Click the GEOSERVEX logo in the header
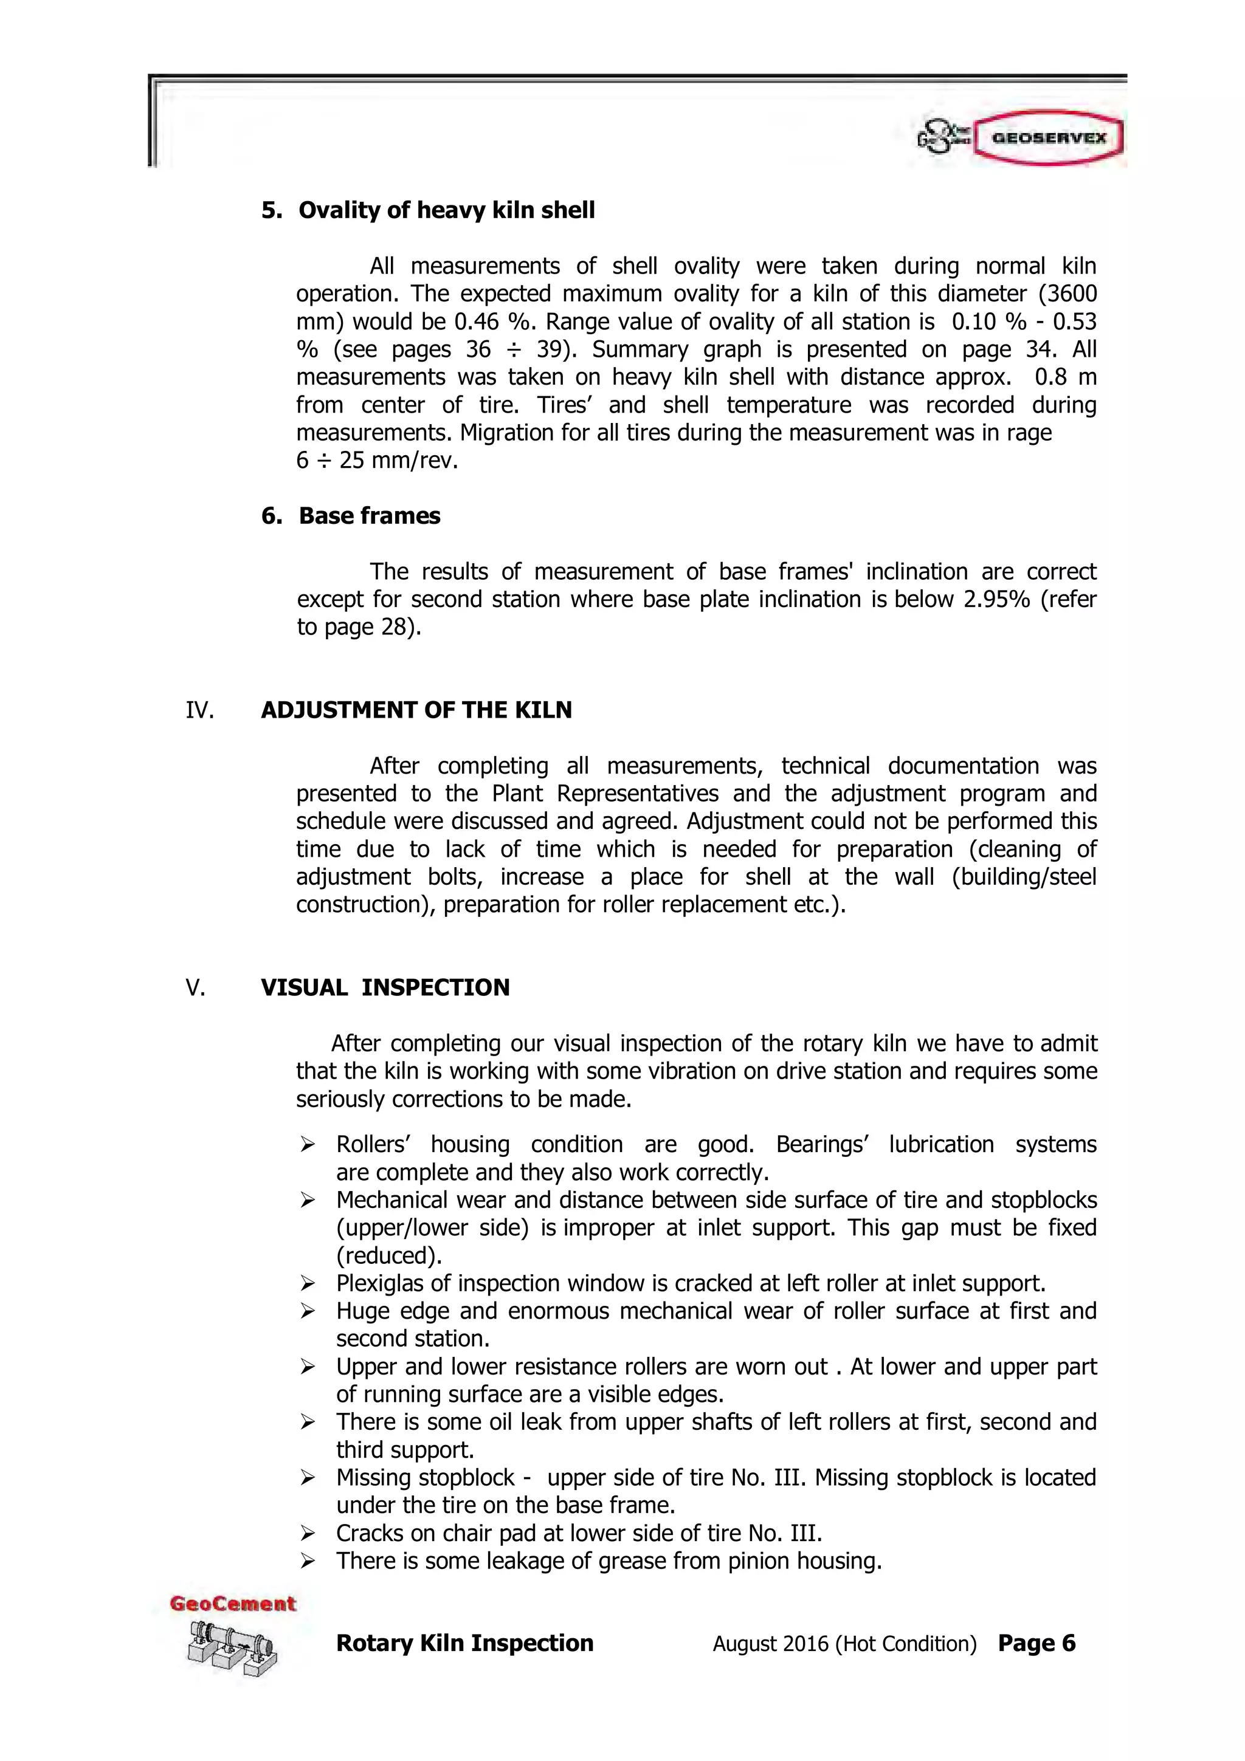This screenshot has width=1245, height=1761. [x=1046, y=138]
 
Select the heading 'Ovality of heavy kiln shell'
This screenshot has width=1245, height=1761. [x=446, y=210]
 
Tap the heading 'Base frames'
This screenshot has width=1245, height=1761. [x=369, y=515]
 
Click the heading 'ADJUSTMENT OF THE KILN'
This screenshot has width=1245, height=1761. [x=416, y=710]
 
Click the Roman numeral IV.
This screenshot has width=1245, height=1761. [x=199, y=710]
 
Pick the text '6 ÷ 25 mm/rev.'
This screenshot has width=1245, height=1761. [x=377, y=461]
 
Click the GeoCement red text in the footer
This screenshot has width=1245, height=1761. [x=232, y=1604]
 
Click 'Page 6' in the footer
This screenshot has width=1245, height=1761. [x=1036, y=1643]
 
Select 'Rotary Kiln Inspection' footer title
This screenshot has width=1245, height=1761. [x=465, y=1643]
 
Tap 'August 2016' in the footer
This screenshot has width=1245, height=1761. [x=770, y=1644]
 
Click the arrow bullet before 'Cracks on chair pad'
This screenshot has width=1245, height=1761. [x=308, y=1533]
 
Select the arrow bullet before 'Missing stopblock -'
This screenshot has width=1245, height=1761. [x=308, y=1477]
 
